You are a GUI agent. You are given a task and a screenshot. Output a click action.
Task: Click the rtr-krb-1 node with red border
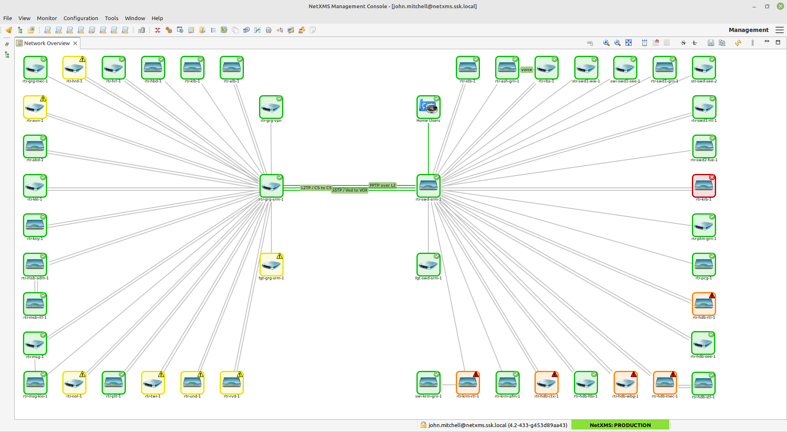point(704,186)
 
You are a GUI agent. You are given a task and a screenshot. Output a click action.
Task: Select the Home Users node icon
point(428,107)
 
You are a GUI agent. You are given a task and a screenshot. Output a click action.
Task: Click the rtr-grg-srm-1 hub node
point(271,186)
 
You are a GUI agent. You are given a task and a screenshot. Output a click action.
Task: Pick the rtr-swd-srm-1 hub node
point(428,186)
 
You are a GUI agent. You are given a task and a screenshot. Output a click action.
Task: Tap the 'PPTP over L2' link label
point(382,185)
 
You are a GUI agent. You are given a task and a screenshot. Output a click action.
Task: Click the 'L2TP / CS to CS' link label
point(316,187)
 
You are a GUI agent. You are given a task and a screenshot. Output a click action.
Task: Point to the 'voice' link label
point(526,70)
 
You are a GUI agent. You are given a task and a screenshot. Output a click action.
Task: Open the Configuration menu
point(81,18)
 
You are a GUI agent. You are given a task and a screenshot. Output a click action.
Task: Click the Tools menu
point(111,18)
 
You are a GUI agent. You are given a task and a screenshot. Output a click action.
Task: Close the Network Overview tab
point(75,43)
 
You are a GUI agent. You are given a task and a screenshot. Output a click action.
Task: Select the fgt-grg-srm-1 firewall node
point(271,265)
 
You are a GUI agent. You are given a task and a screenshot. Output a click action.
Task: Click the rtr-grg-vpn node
point(271,107)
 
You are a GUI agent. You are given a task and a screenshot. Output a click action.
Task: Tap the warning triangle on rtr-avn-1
point(43,98)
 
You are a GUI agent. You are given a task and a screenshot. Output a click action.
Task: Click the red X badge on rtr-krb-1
point(712,177)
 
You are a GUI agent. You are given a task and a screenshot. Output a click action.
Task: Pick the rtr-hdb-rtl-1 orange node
point(704,304)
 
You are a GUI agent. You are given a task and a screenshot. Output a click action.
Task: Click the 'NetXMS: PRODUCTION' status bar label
point(620,425)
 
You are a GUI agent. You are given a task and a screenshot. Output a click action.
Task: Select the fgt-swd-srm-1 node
point(428,265)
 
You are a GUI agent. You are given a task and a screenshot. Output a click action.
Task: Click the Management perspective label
point(748,30)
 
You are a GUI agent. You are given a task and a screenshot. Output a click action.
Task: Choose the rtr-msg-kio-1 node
point(35,383)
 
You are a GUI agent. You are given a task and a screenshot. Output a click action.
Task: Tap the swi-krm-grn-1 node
point(428,383)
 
